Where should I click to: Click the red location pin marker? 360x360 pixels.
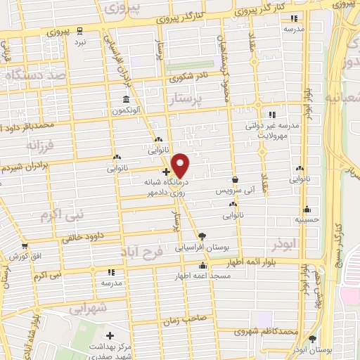click(181, 165)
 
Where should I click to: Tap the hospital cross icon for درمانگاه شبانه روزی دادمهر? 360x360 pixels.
click(165, 171)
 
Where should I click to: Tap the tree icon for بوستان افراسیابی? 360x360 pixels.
click(202, 236)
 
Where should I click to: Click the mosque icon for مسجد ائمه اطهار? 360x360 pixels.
click(202, 265)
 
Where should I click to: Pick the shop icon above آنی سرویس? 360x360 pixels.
click(234, 179)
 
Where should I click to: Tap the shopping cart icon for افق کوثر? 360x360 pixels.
click(25, 246)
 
